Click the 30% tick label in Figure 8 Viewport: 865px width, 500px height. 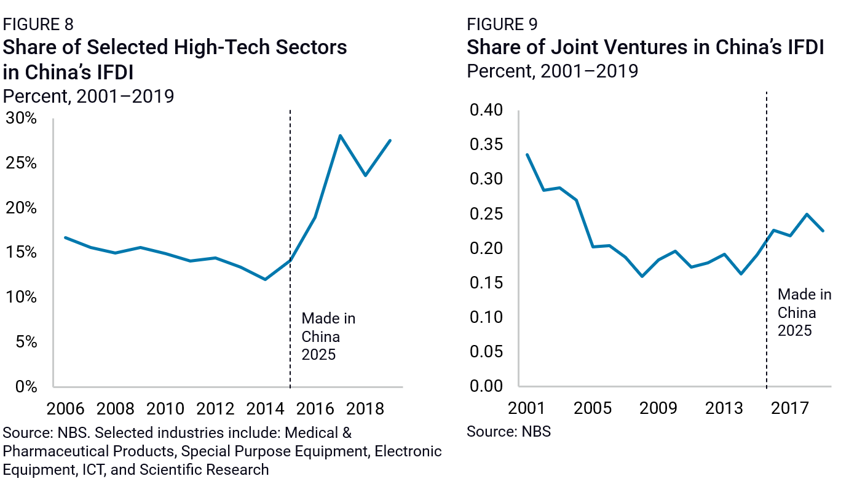tap(22, 119)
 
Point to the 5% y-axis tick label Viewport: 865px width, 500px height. tap(26, 342)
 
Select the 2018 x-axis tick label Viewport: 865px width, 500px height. tap(365, 409)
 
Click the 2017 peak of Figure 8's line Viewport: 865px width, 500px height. tap(340, 135)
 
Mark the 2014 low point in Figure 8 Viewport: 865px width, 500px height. tap(265, 279)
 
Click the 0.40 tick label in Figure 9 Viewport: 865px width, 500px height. tap(486, 111)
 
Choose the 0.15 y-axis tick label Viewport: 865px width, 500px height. tap(486, 283)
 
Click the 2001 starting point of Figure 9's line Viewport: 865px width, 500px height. tap(527, 154)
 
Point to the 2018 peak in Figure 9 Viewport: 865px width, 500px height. tap(807, 214)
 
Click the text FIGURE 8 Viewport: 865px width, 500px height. tap(38, 25)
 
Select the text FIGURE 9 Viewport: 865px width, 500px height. tap(502, 25)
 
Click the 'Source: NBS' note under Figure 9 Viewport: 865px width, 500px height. tap(508, 432)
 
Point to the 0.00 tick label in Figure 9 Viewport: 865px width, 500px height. tap(486, 386)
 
